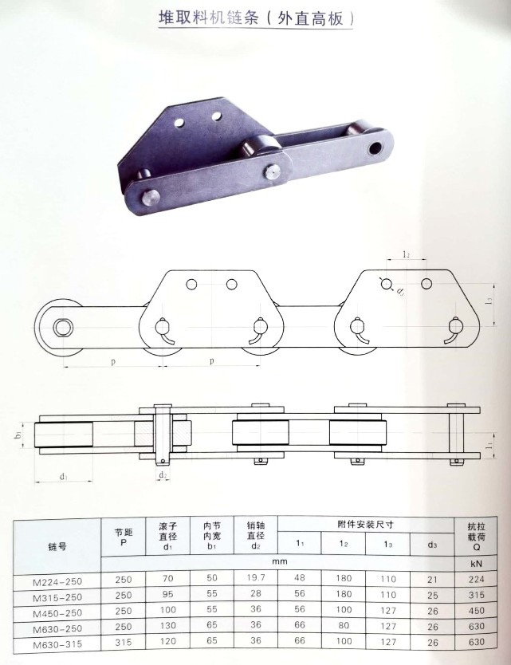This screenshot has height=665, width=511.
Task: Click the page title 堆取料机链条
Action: coord(209,18)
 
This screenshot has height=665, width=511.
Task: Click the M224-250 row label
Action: coord(57,581)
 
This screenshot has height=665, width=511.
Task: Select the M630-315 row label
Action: coord(57,644)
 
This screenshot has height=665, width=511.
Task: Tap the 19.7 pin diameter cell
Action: coord(256,577)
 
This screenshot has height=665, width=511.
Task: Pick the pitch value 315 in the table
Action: coord(124,643)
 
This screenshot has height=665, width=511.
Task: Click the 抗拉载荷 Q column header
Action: coord(476,537)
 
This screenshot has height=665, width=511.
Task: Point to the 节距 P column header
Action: coord(124,537)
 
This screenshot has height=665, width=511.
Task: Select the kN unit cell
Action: coord(476,564)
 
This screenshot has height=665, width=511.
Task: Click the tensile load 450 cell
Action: coord(476,610)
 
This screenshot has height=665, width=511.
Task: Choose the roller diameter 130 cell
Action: coord(168,626)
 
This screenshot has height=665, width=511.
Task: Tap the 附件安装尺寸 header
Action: coord(366,524)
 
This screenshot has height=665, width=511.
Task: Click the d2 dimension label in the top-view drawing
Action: coord(163,475)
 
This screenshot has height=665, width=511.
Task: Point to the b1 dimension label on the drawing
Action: coord(18,435)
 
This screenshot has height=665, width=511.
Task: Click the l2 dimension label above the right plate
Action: coord(406,254)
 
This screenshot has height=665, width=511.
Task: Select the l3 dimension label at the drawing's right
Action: coord(489,301)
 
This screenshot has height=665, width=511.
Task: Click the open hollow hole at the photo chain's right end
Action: coord(375,148)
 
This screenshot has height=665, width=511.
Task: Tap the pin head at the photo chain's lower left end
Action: coord(150,198)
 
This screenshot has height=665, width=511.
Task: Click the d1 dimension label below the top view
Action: coord(64,477)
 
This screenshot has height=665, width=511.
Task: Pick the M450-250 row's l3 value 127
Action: coord(388,610)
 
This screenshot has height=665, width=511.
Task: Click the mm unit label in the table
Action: coord(280,561)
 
